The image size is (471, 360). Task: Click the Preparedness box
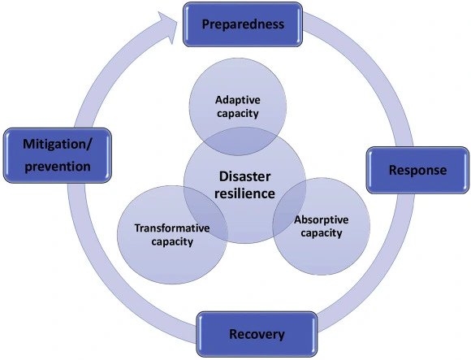pyautogui.click(x=243, y=24)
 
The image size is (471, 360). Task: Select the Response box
pyautogui.click(x=417, y=171)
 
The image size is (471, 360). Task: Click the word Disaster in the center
pyautogui.click(x=244, y=176)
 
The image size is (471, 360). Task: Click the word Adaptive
pyautogui.click(x=237, y=100)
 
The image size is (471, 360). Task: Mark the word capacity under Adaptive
pyautogui.click(x=237, y=114)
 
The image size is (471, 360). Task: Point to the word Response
pyautogui.click(x=417, y=171)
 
